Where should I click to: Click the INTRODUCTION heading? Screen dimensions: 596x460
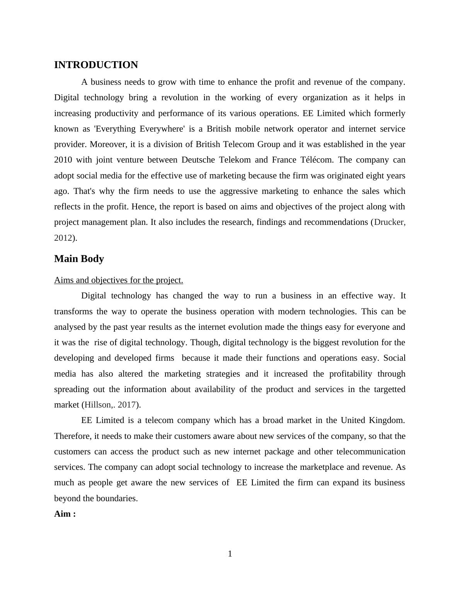click(96, 65)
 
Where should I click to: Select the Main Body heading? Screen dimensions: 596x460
click(79, 259)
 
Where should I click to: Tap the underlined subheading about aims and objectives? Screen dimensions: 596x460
click(118, 280)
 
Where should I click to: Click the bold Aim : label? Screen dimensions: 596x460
click(65, 514)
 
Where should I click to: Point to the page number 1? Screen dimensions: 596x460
click(230, 554)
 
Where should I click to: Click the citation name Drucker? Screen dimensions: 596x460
click(389, 222)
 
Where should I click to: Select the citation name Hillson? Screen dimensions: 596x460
click(98, 405)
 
